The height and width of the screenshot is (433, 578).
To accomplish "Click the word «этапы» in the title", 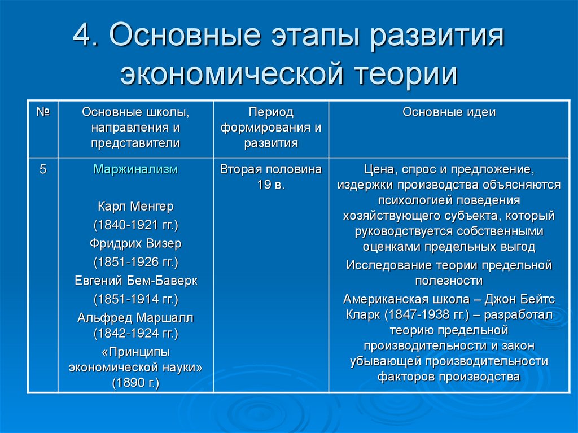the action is [x=315, y=36].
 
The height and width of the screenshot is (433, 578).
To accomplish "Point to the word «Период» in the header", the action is [x=271, y=112].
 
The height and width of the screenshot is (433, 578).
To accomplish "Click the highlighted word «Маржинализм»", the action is [x=135, y=169].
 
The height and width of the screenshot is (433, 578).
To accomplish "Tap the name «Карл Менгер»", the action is [x=135, y=207].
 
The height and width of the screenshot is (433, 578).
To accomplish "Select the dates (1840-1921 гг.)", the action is [x=135, y=225].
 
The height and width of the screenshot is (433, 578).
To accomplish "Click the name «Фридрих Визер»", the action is [x=135, y=243].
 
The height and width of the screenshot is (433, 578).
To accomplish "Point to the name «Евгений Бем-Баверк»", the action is [x=135, y=281].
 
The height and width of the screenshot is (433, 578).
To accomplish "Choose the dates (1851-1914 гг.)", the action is [x=135, y=299].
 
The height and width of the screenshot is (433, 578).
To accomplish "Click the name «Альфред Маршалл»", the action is [x=135, y=318].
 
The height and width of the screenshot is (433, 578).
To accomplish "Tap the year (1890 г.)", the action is [x=135, y=383].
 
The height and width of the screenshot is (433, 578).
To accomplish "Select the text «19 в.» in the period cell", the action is [x=271, y=185].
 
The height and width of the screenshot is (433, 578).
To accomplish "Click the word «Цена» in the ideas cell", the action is [x=380, y=170].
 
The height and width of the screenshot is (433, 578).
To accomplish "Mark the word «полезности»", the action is [x=449, y=281].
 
